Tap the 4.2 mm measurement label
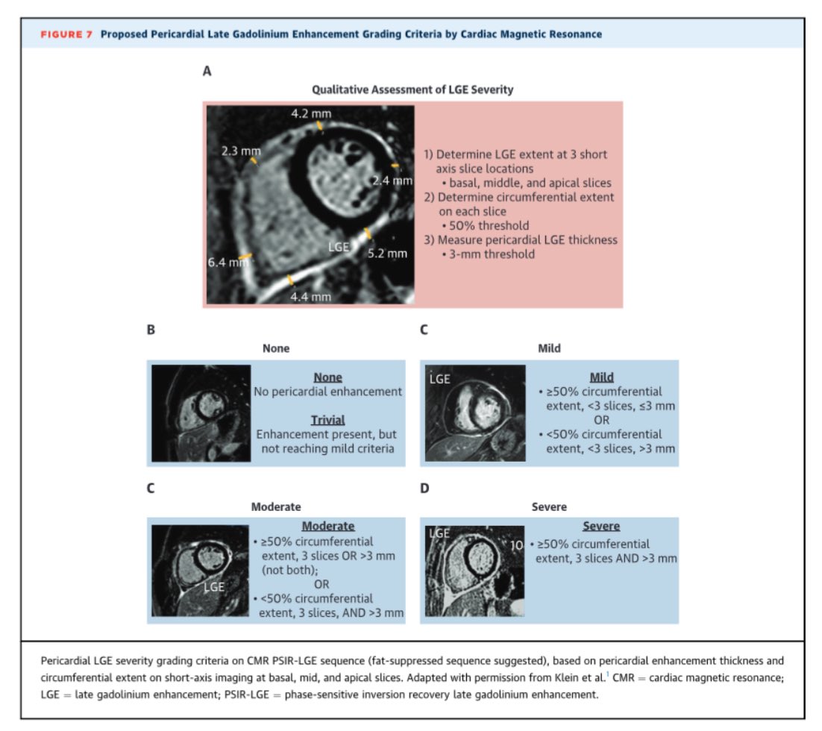pos(311,113)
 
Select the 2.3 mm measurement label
pos(241,151)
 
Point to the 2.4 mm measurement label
pos(392,181)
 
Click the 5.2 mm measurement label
pos(388,254)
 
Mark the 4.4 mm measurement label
pos(311,297)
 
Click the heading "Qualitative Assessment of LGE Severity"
pos(412,90)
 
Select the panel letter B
pos(151,330)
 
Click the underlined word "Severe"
pos(601,526)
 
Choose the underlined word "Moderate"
pos(327,526)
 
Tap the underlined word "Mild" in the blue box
pos(601,377)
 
